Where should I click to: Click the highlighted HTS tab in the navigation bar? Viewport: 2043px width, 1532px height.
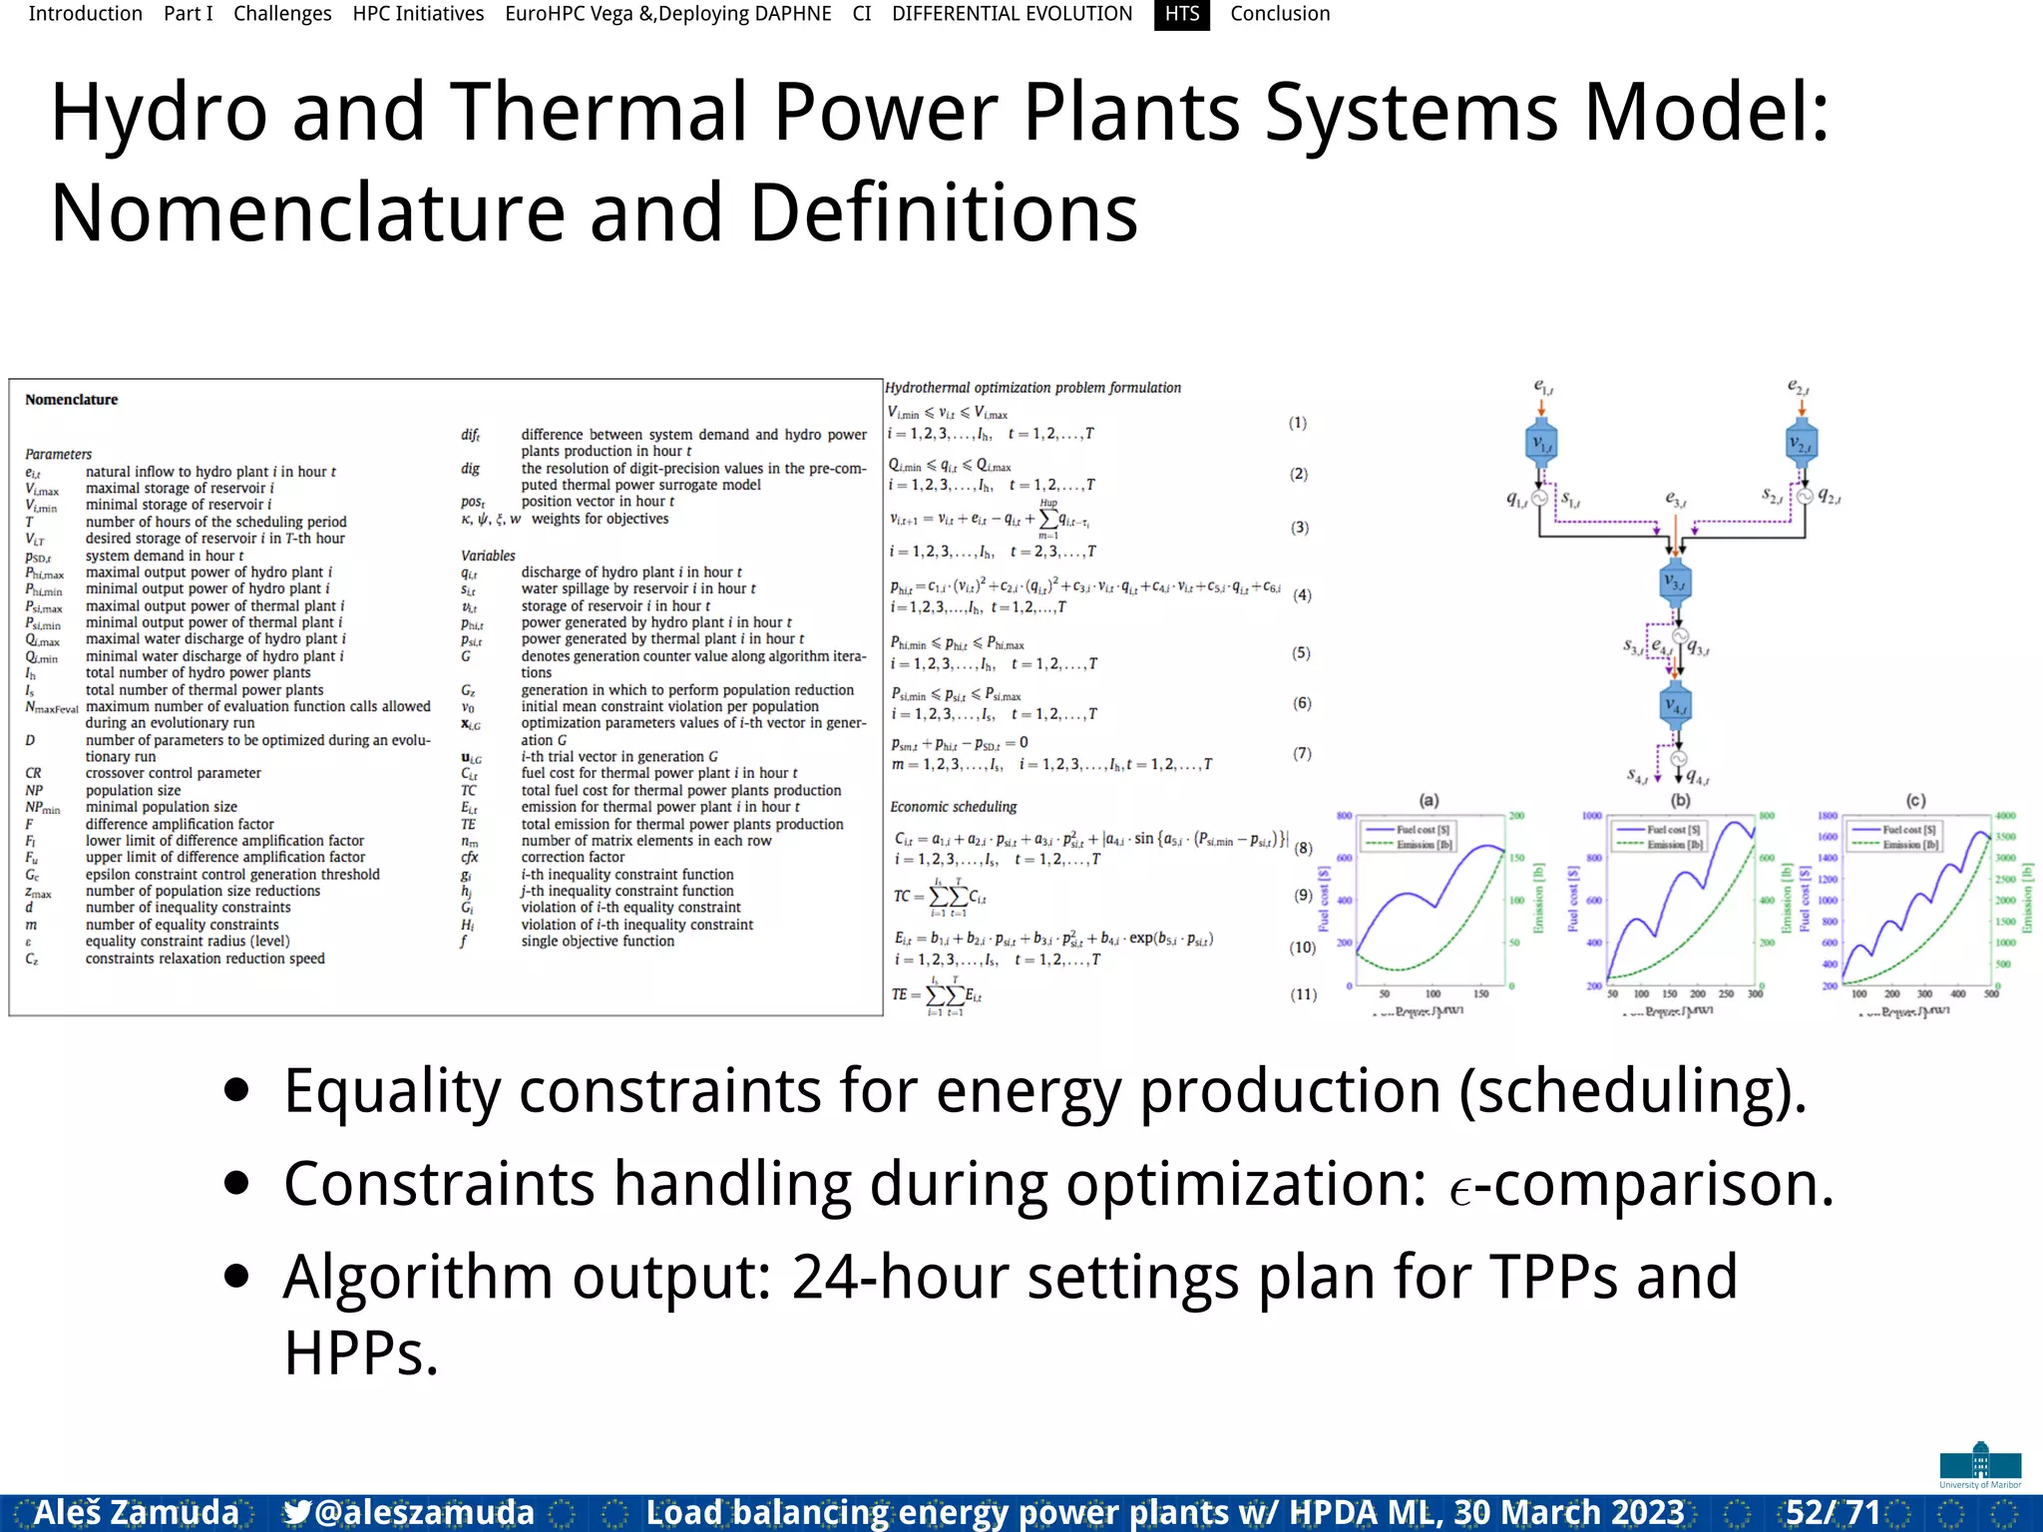click(1182, 14)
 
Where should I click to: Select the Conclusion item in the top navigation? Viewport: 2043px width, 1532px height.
click(1280, 14)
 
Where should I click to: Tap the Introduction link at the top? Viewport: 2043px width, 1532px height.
click(85, 14)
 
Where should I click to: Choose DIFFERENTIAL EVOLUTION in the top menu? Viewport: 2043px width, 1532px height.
click(1012, 14)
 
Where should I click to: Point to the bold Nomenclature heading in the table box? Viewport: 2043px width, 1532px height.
click(71, 400)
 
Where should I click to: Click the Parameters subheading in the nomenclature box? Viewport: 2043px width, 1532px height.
click(58, 454)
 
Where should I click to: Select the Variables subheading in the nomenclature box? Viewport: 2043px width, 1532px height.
click(488, 556)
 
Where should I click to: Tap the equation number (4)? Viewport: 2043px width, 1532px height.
click(1302, 595)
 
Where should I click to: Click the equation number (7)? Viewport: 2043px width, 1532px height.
click(1302, 753)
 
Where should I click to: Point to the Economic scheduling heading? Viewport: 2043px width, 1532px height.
click(953, 807)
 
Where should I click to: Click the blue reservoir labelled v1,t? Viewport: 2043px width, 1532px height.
click(1541, 443)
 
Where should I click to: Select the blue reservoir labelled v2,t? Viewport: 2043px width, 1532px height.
click(1802, 443)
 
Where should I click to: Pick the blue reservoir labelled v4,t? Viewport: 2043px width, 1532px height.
click(1676, 706)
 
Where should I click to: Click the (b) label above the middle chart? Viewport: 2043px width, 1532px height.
click(1680, 800)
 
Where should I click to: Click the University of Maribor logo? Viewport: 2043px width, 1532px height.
click(1980, 1465)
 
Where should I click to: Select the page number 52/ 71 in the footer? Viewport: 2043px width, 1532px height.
click(1833, 1512)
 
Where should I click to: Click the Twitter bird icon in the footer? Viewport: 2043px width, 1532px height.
click(296, 1513)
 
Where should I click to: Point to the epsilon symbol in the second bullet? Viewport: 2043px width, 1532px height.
click(1460, 1191)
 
